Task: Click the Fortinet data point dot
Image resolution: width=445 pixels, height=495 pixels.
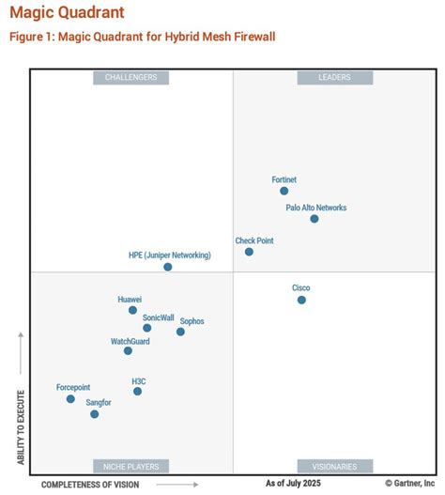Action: [x=284, y=191]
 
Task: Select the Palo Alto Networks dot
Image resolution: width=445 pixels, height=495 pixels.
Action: [x=314, y=219]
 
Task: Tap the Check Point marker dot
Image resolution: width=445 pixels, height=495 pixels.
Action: [x=249, y=252]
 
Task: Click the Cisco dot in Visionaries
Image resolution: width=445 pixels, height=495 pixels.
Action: [x=301, y=300]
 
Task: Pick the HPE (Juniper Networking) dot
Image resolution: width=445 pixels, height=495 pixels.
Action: [x=168, y=267]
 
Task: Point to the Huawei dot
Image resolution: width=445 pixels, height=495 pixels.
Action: [x=132, y=310]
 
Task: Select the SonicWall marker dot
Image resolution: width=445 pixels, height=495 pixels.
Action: [x=146, y=328]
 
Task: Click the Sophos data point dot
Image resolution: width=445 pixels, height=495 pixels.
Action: [x=180, y=332]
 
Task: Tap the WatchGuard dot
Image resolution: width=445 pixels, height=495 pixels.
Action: [x=128, y=351]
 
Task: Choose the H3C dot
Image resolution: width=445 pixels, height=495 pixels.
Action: [x=137, y=391]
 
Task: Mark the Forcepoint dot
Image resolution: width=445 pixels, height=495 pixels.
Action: [x=70, y=399]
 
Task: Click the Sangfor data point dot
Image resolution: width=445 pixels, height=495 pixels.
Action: [x=94, y=413]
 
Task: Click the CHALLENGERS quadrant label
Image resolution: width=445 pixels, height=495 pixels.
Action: [x=130, y=78]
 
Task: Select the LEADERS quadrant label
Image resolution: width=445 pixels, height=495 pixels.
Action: [x=335, y=78]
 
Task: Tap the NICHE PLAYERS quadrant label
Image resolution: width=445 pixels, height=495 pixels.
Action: [x=130, y=466]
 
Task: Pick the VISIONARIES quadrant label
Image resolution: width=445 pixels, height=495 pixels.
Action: [x=335, y=466]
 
